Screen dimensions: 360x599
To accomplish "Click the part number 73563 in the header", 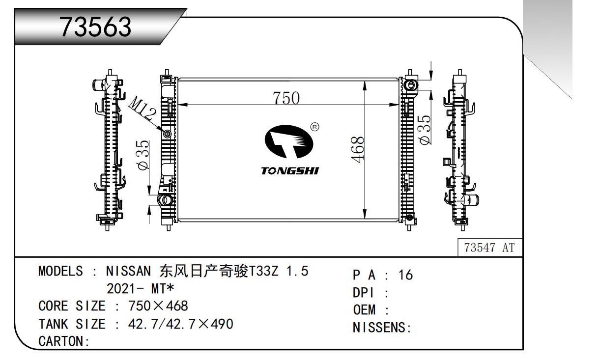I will [95, 28].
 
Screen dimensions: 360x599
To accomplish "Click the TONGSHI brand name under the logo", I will [289, 171].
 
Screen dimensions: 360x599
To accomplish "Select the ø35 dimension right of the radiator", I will [426, 130].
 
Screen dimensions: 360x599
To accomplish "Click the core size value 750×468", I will [158, 306].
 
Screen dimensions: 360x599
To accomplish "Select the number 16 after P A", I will [406, 276].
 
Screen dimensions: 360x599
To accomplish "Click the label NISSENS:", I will [381, 328].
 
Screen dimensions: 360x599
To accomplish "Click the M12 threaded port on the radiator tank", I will [167, 134].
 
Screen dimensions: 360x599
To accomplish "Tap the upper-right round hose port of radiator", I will [410, 85].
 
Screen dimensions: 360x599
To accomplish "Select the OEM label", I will [364, 311].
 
